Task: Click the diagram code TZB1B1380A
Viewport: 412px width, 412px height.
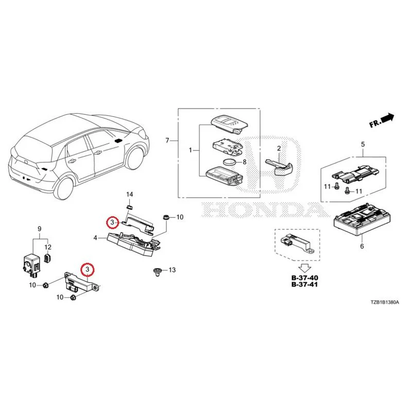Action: coord(385,302)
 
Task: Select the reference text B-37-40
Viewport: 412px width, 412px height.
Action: coord(304,278)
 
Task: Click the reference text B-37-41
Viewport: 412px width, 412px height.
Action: coord(304,285)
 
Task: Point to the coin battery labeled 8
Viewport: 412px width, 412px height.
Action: coord(229,162)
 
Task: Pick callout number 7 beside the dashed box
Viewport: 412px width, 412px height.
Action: coord(167,141)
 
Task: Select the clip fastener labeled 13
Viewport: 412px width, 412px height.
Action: coord(158,272)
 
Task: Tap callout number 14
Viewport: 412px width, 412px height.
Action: coord(130,195)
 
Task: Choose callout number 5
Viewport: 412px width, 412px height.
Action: coord(363,144)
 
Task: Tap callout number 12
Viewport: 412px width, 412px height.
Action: coord(48,247)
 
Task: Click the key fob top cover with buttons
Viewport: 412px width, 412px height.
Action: coord(229,123)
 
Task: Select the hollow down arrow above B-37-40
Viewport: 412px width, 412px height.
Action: coord(305,268)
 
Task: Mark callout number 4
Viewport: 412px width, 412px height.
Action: coord(95,238)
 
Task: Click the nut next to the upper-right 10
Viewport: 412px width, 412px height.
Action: coord(166,217)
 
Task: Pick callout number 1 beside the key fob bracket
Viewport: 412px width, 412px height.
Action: coord(191,150)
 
